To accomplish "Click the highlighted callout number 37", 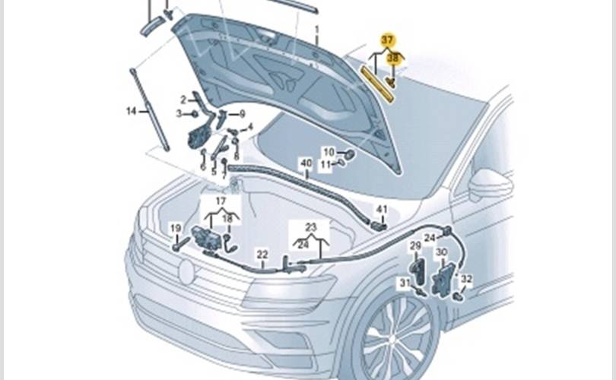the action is click(x=387, y=40).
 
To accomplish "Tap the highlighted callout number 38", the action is click(x=393, y=58).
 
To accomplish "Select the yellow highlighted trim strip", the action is click(x=377, y=84).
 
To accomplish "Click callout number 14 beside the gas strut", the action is click(x=132, y=111).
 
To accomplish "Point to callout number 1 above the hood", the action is click(x=316, y=30).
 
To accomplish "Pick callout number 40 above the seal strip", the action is click(x=306, y=163).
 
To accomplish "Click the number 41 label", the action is click(x=382, y=210).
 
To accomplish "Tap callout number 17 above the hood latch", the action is click(x=221, y=201).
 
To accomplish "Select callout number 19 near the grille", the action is click(x=176, y=229).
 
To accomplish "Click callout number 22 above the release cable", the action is click(x=262, y=255).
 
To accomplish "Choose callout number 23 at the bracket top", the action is click(x=311, y=227).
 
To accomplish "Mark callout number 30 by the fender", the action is click(x=442, y=252).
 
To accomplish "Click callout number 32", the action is click(x=466, y=279).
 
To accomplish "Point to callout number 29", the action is click(x=415, y=246).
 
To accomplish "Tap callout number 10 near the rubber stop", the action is click(x=329, y=152).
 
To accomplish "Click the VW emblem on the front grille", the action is click(x=186, y=271).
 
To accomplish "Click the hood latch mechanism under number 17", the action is click(x=206, y=237).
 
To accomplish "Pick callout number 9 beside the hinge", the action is click(x=242, y=114).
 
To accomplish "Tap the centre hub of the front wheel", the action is click(x=394, y=339).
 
